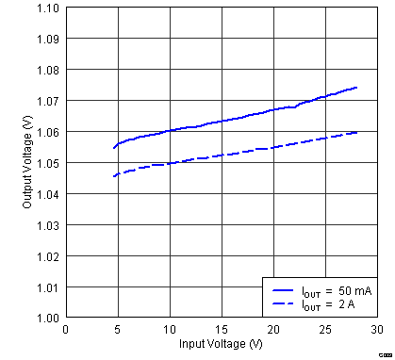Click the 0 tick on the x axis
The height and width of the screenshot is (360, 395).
(x=66, y=329)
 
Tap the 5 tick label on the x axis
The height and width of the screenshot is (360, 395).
(x=118, y=329)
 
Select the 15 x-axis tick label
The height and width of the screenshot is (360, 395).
(x=221, y=329)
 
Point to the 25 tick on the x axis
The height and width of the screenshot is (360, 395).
(x=324, y=329)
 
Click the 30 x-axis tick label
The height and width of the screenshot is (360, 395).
(x=376, y=329)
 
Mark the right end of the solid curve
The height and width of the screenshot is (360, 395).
(x=356, y=87)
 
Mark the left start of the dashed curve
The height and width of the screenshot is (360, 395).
(x=114, y=176)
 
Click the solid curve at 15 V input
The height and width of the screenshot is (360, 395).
(x=221, y=121)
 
